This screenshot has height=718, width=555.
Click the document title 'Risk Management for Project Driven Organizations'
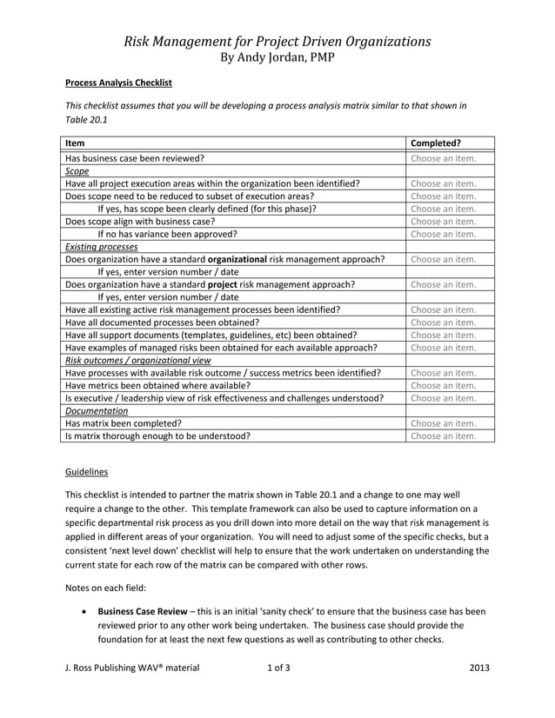pos(277,41)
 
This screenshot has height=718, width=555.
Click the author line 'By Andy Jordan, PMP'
pos(277,57)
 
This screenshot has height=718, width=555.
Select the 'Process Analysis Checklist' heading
pos(118,83)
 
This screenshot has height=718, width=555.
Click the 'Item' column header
pos(75,143)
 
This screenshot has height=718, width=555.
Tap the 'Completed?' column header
pos(436,143)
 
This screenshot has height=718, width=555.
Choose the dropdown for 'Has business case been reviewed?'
pos(443,159)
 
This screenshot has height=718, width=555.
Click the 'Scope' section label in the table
pos(77,171)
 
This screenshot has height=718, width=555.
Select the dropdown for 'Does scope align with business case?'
pos(443,222)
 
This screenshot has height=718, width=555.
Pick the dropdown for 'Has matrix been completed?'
pos(443,423)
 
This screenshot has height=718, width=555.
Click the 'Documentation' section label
pos(97,410)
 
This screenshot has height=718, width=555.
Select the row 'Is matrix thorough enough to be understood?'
pos(157,436)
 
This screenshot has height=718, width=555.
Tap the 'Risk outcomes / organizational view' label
pos(137,360)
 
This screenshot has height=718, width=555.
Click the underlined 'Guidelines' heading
pos(87,472)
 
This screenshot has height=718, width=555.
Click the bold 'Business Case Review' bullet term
pos(144,611)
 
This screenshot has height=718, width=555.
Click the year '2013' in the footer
pos(478,668)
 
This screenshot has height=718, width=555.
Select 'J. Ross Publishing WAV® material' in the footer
pos(132,668)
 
